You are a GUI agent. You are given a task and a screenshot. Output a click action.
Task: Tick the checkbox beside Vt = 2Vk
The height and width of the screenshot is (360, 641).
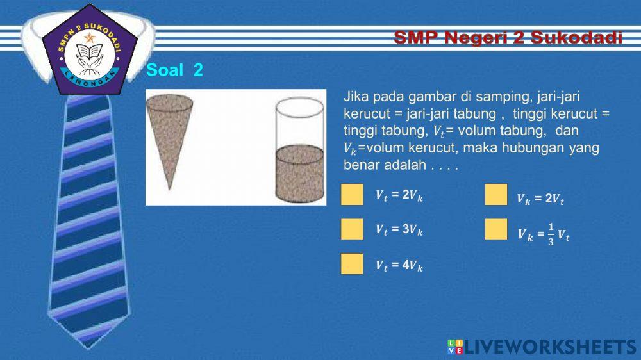click(x=352, y=195)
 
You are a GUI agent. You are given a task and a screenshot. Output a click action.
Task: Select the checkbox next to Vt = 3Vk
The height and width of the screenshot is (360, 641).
click(x=352, y=229)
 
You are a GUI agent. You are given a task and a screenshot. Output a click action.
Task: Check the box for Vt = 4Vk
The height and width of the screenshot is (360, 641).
click(x=352, y=263)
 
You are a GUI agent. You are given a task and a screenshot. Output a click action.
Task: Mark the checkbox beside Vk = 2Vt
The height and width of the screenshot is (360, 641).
click(x=496, y=195)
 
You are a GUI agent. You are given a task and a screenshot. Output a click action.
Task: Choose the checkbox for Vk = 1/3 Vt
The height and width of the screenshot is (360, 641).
click(x=496, y=229)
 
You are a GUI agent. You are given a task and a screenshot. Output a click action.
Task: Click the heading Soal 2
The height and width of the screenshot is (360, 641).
click(x=175, y=70)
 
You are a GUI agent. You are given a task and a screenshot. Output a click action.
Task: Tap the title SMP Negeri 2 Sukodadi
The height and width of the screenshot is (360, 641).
click(x=508, y=38)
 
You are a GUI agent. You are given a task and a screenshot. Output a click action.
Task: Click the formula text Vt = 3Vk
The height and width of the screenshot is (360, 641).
click(x=399, y=229)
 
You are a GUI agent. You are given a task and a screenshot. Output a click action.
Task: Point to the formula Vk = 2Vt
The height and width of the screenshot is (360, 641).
click(x=540, y=200)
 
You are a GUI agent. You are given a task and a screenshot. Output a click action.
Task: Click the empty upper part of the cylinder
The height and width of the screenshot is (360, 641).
click(x=300, y=125)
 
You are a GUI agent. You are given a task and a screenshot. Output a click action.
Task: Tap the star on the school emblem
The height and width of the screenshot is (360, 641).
click(x=89, y=37)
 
